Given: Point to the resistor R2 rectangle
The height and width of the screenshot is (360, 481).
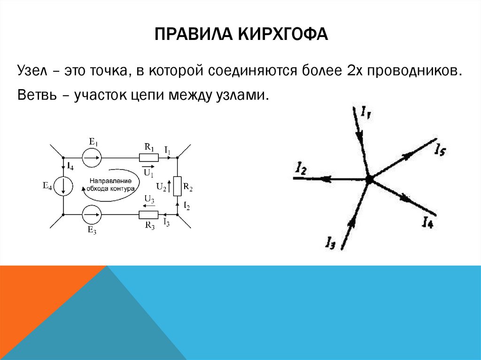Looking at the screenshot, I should click(177, 186).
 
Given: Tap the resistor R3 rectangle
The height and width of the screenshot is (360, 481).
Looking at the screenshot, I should click(148, 215).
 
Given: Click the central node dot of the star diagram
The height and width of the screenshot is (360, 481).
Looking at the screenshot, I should click(369, 179).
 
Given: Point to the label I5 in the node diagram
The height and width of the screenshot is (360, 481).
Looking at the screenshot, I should click(440, 150).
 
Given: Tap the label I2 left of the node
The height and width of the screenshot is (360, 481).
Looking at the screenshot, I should click(301, 168).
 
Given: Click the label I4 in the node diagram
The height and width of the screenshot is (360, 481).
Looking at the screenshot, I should click(427, 222).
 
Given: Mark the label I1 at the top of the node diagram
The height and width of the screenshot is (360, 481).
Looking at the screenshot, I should click(366, 113).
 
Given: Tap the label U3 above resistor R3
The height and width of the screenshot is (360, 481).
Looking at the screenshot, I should click(149, 199).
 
